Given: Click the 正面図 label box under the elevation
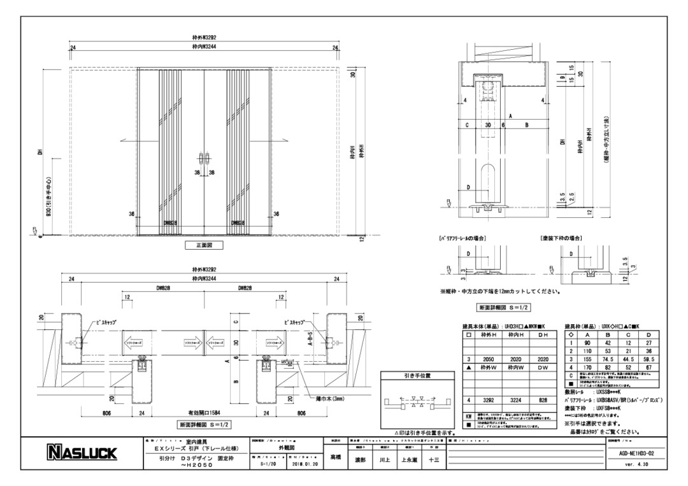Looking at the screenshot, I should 204,244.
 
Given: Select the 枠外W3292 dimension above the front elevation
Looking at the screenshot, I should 205,39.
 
